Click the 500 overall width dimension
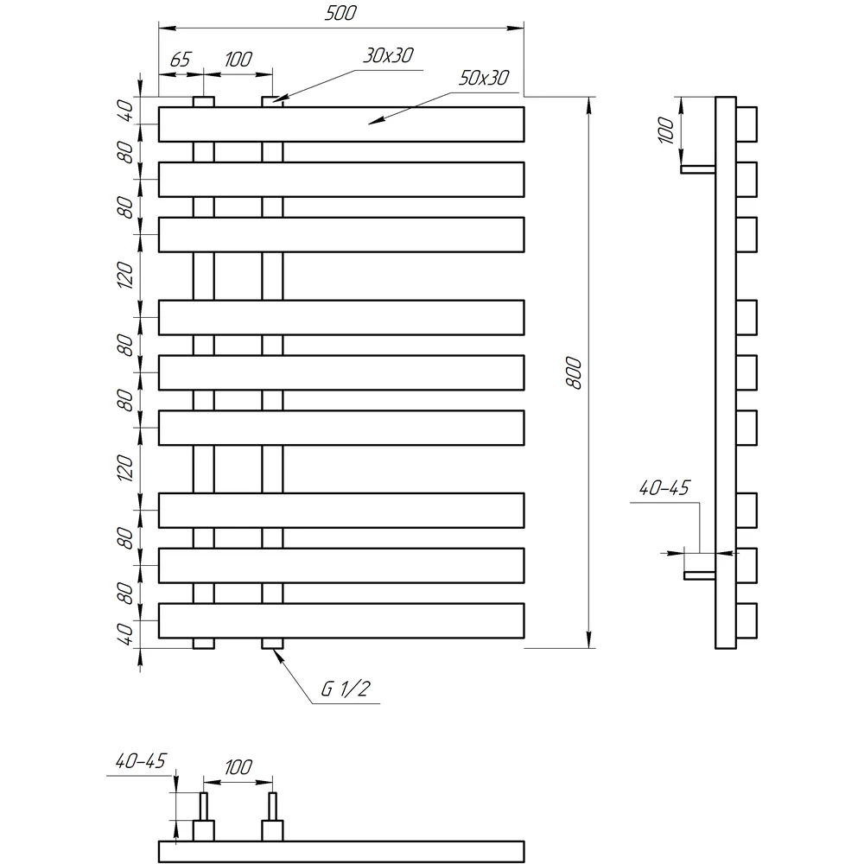[340, 13]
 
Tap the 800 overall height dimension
[574, 372]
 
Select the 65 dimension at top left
[181, 60]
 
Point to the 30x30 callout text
[389, 55]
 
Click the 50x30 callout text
[484, 79]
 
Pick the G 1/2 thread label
[346, 689]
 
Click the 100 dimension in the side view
[666, 130]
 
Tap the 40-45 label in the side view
[664, 487]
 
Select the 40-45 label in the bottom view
[141, 761]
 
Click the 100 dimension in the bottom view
[238, 767]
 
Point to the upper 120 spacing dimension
[125, 276]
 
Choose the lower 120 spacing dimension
[125, 468]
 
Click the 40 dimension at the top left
[126, 111]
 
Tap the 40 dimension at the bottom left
[126, 634]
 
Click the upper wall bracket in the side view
[697, 169]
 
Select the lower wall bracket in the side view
[700, 575]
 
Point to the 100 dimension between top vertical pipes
[238, 60]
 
